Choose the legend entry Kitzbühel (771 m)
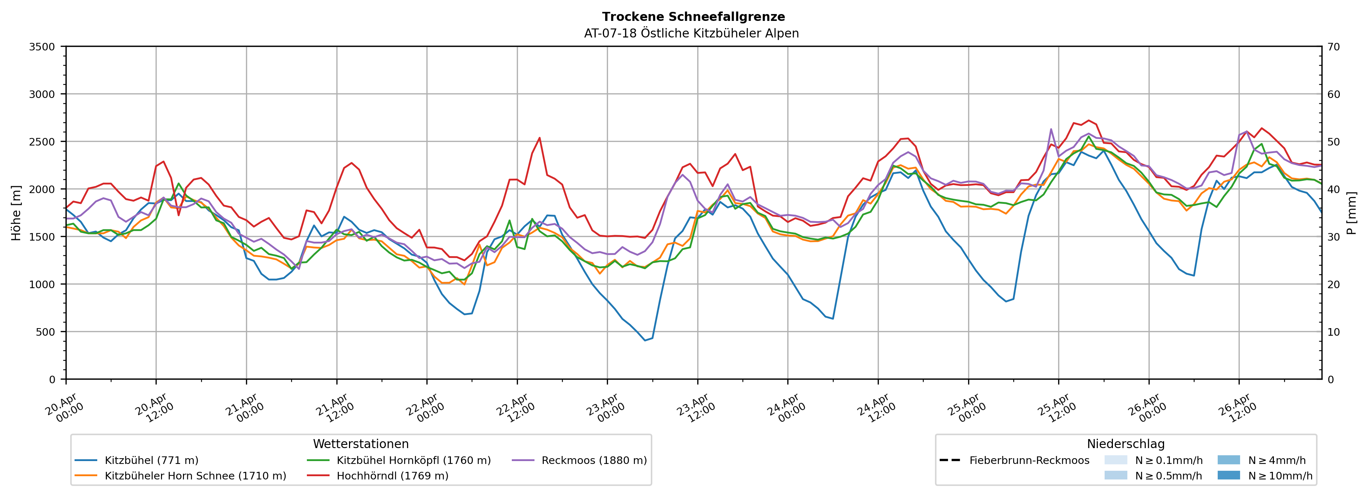pyautogui.click(x=152, y=460)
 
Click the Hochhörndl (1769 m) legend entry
pyautogui.click(x=392, y=476)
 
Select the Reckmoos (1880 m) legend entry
pyautogui.click(x=594, y=460)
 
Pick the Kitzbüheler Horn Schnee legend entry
pyautogui.click(x=195, y=476)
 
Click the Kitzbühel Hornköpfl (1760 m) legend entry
pyautogui.click(x=413, y=460)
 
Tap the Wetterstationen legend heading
pyautogui.click(x=361, y=444)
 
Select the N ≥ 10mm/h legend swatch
pyautogui.click(x=1228, y=475)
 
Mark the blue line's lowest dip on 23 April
pyautogui.click(x=645, y=340)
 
